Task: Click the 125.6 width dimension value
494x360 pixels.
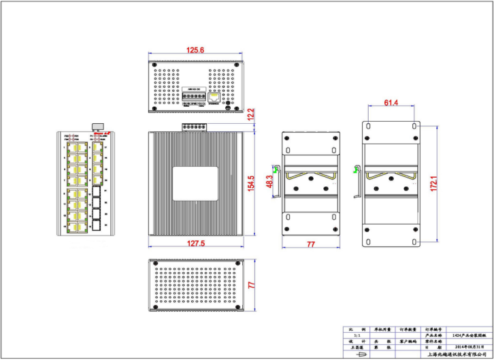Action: coord(195,50)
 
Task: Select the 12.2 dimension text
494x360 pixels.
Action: coord(250,114)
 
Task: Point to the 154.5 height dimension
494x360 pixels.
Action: coord(250,184)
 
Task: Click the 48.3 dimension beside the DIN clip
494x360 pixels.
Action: coord(269,182)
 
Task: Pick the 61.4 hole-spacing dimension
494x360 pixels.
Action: coord(391,102)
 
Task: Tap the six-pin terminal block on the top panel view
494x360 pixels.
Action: coord(193,97)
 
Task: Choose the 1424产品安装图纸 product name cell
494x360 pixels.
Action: coord(467,336)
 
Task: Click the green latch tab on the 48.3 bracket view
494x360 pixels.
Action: coord(277,168)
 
